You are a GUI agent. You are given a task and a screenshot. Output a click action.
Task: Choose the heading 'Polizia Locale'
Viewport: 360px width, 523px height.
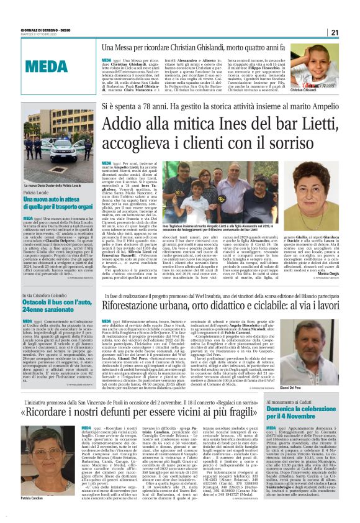pos(40,193)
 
